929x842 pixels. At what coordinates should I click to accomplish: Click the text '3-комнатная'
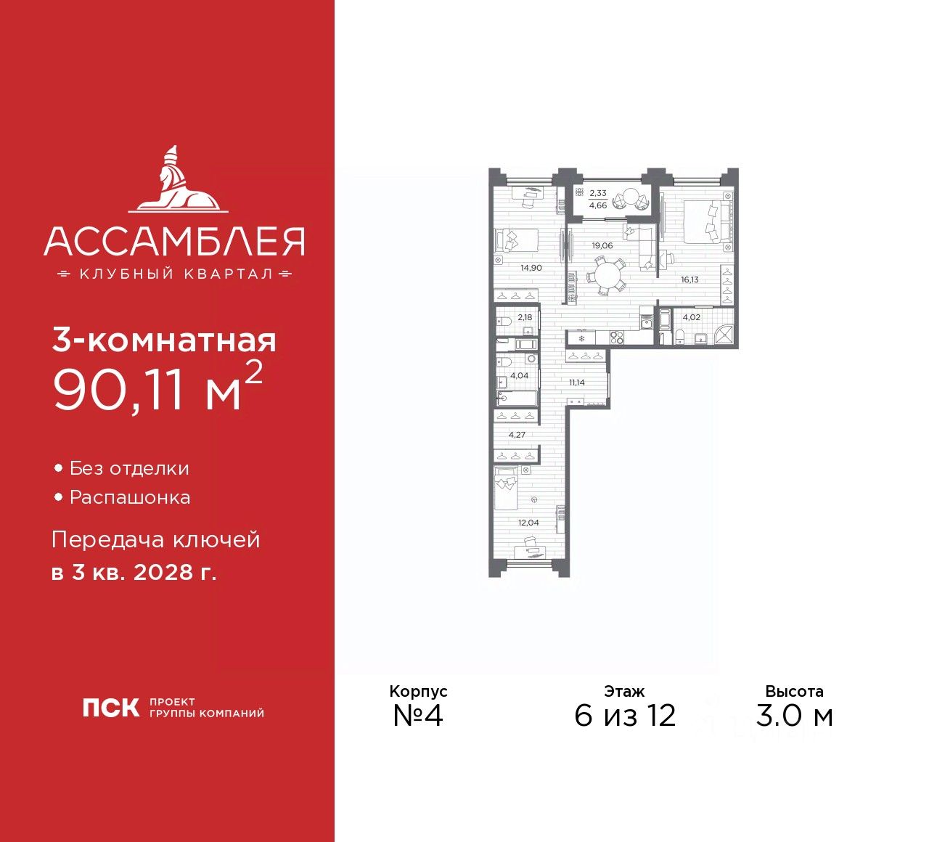[x=164, y=340]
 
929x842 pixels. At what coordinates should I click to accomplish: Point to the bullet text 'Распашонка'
[x=130, y=498]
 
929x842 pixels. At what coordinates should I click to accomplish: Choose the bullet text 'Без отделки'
[x=129, y=469]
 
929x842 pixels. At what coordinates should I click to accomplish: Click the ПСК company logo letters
[x=110, y=708]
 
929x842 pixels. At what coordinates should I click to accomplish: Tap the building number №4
[x=417, y=716]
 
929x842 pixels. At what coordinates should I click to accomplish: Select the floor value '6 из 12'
[x=625, y=716]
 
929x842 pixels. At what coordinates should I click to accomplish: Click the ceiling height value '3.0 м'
[x=794, y=716]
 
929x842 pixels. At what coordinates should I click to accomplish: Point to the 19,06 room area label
[x=602, y=245]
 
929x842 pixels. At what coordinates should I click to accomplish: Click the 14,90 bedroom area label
[x=531, y=268]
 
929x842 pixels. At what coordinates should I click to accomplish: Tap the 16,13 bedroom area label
[x=689, y=279]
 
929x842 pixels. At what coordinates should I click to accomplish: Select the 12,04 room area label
[x=528, y=523]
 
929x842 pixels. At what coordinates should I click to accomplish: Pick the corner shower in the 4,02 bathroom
[x=723, y=335]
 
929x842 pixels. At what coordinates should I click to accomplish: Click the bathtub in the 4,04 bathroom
[x=517, y=397]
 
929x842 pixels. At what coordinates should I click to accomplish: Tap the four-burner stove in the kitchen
[x=617, y=337]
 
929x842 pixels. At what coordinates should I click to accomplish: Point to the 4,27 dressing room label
[x=517, y=435]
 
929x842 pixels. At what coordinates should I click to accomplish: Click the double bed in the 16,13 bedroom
[x=704, y=221]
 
